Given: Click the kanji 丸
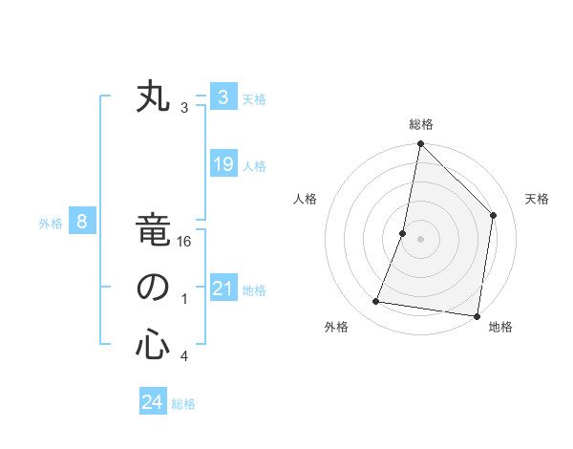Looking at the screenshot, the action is point(153,98).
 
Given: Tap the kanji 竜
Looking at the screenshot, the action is point(153,232).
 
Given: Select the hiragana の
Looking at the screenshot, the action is point(153,288).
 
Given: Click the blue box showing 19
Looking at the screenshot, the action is point(223,164).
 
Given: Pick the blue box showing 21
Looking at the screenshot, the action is point(223,289).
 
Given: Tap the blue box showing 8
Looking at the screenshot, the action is point(82,223).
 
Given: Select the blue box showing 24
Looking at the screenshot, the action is point(152,402).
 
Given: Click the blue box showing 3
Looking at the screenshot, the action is point(223,96).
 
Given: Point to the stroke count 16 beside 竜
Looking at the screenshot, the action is point(184,243).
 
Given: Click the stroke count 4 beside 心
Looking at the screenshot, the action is point(184,356).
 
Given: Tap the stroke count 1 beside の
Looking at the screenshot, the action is point(184,299).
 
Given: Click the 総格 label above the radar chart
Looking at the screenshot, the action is point(421,124).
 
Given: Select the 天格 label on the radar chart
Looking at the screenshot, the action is point(537,199).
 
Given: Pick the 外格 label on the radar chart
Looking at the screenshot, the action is point(336,327).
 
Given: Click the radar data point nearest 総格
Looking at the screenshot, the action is point(420,145).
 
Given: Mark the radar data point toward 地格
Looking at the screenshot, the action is point(477,315).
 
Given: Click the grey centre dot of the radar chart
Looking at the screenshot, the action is point(420,239).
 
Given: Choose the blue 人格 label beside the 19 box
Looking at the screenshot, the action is point(254,166).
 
